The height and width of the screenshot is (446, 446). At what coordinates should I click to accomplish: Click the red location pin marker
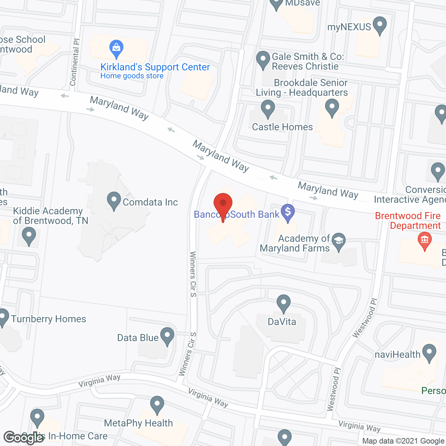click(223, 204)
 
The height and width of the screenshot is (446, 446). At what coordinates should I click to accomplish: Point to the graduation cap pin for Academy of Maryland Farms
click(338, 241)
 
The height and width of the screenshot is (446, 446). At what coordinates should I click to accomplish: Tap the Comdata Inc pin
click(114, 200)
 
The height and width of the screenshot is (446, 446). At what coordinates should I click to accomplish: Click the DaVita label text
click(282, 322)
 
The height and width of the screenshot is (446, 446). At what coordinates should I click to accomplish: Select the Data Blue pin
click(167, 336)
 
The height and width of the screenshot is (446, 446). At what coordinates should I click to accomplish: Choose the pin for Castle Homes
click(268, 108)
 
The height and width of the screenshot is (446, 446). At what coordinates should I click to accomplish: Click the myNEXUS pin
click(379, 25)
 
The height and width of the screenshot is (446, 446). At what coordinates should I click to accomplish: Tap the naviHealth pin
click(429, 352)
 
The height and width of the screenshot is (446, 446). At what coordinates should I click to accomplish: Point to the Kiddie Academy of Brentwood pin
click(29, 236)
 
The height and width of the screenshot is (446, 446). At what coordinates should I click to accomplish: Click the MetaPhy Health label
click(138, 423)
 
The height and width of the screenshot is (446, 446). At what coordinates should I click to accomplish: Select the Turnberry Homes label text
click(48, 319)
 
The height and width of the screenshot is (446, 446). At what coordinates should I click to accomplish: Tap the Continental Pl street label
click(75, 62)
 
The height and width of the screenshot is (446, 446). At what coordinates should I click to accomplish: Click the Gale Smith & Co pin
click(263, 60)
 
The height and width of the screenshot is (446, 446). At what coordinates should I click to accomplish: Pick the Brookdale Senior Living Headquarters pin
click(332, 107)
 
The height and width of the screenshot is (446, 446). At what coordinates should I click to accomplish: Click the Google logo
click(24, 437)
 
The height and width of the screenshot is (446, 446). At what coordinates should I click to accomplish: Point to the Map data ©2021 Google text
click(403, 441)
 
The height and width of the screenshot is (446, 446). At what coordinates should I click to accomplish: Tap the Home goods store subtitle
click(132, 76)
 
